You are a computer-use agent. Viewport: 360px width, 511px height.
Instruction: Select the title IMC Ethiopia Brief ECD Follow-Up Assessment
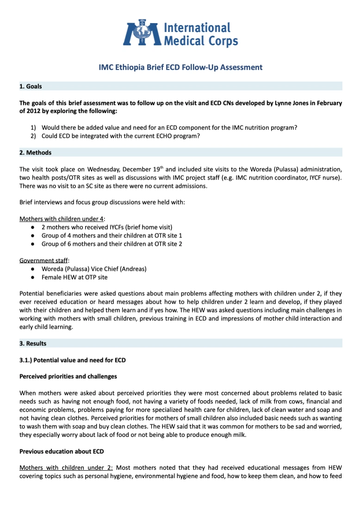pos(180,68)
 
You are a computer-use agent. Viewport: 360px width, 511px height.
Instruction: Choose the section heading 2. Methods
pos(35,153)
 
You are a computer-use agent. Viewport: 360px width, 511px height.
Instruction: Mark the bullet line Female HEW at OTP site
pos(74,277)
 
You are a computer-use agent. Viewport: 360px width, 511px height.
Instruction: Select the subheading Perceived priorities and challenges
pos(68,376)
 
